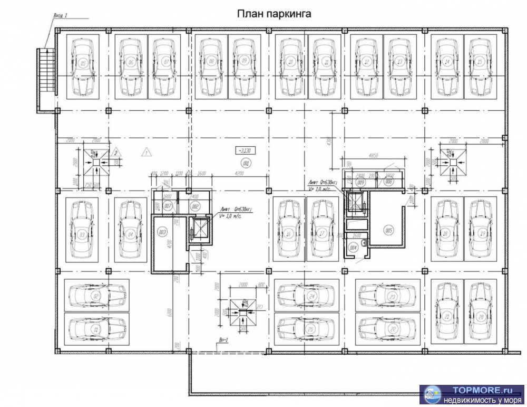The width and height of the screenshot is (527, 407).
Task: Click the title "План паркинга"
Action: click(274, 14)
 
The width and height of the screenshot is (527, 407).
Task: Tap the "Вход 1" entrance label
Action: click(61, 16)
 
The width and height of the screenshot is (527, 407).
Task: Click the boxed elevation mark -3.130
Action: click(245, 150)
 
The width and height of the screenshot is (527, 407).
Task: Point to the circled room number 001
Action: click(245, 162)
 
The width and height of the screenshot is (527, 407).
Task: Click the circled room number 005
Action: click(389, 230)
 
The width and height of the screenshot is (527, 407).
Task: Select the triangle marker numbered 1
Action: click(146, 153)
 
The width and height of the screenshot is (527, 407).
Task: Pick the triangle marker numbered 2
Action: click(116, 153)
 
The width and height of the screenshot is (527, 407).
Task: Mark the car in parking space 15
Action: click(480, 67)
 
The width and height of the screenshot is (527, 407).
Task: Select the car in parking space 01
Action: click(96, 328)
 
